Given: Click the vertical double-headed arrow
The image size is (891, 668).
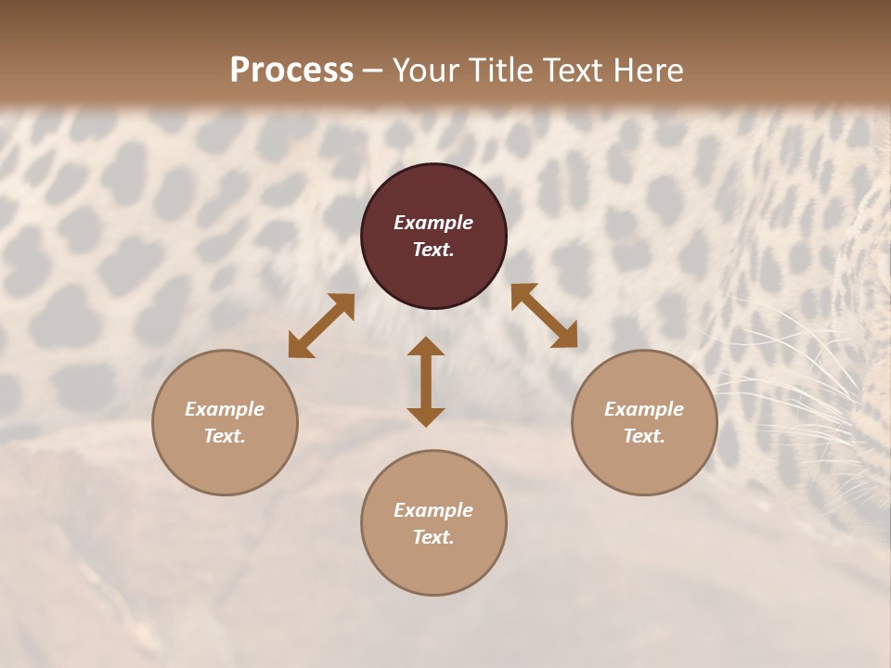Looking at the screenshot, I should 426,381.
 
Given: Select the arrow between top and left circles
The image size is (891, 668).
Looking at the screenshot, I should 321,326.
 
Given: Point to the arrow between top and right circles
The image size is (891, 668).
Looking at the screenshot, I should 544,315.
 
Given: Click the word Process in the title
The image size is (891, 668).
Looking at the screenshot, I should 291,70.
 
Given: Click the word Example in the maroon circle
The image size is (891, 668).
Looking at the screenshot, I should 433,223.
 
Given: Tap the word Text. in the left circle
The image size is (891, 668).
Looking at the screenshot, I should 225,436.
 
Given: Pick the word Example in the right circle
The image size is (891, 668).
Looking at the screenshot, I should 644,409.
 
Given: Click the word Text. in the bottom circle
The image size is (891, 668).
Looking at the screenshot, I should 433,537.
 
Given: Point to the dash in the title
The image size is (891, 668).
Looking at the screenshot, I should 373,71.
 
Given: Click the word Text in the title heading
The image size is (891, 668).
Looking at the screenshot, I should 568,70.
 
